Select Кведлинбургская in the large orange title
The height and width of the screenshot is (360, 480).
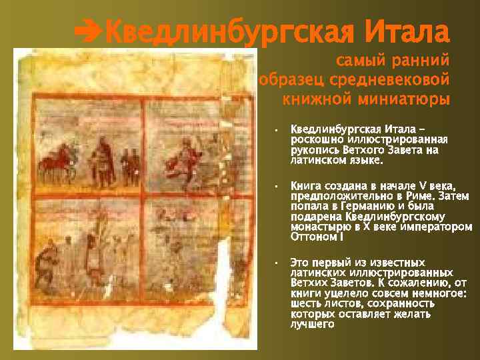click(x=229, y=30)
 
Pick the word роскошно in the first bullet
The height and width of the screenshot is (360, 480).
click(x=316, y=139)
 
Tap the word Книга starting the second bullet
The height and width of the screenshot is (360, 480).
click(x=307, y=185)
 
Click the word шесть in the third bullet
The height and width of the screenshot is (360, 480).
click(x=306, y=303)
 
